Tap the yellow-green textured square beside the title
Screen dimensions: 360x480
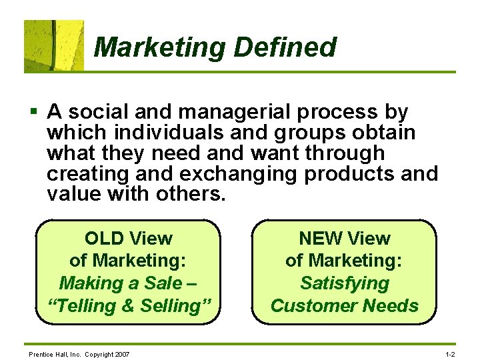point(54,45)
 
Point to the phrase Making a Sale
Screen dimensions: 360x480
point(120,283)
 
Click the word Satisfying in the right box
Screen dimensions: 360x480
point(345,283)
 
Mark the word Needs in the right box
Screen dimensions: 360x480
point(395,306)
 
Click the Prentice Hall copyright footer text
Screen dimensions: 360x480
point(79,353)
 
